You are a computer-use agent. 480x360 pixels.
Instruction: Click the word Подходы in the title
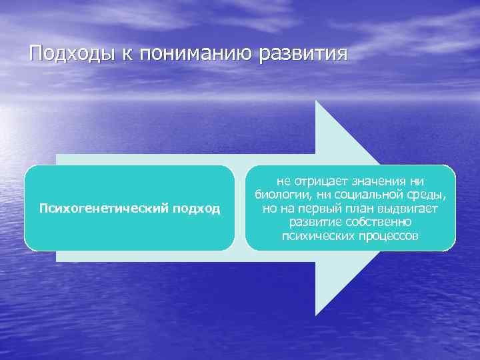point(72,53)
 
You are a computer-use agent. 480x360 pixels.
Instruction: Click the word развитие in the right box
point(315,222)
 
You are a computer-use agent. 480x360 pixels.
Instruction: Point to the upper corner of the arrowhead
point(316,101)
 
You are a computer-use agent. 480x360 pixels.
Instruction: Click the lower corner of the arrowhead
point(316,315)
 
